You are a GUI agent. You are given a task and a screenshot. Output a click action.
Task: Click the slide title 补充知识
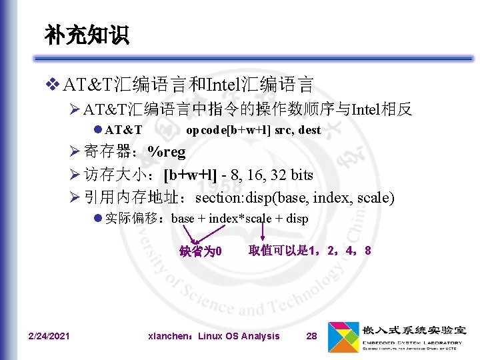[x=87, y=36]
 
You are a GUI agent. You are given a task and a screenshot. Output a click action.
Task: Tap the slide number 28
[x=311, y=336]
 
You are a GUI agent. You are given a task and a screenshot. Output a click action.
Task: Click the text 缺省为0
[x=200, y=252]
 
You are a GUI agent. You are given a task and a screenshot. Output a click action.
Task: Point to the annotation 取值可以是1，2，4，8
[x=309, y=251]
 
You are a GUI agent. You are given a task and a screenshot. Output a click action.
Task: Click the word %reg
[x=167, y=152]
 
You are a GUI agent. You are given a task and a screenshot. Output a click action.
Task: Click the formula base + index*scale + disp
[x=239, y=219]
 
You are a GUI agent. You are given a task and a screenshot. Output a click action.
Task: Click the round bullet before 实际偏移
[x=97, y=219]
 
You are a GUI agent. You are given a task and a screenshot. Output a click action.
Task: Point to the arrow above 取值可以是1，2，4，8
[x=263, y=231]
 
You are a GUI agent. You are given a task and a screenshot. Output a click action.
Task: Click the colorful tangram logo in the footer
[x=343, y=337]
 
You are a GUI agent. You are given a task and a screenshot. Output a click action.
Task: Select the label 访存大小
[x=116, y=175]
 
